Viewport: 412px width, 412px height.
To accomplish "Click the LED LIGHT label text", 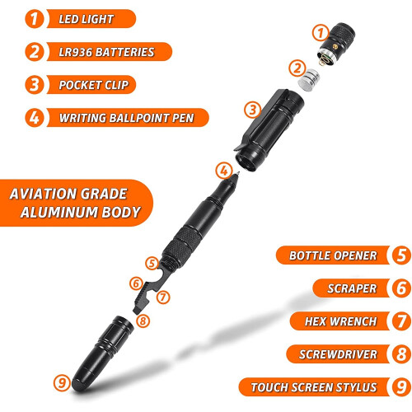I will click(x=87, y=18).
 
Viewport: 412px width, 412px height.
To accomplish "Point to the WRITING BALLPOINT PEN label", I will click(x=127, y=117).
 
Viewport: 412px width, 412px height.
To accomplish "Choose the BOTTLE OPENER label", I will click(x=332, y=255).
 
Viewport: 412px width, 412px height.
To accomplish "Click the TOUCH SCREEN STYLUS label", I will click(x=315, y=387).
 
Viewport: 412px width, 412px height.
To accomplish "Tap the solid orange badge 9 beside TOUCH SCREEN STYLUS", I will click(x=399, y=387).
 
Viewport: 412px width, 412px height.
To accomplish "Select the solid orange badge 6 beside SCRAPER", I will click(x=399, y=288).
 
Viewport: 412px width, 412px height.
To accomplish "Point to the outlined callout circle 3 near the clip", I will click(x=253, y=108).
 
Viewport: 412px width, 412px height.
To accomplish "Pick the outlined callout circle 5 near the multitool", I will click(x=151, y=263).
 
